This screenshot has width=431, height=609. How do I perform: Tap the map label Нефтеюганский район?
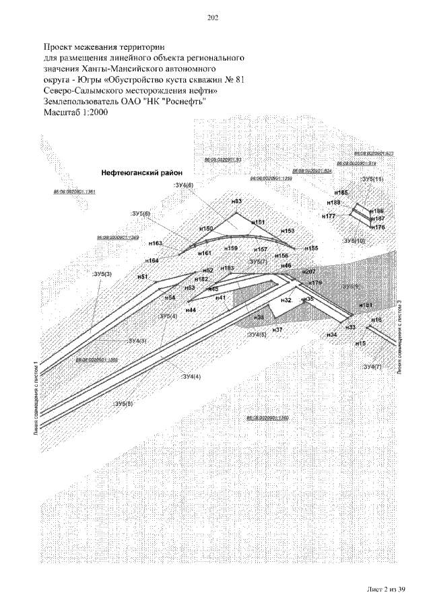pos(137,172)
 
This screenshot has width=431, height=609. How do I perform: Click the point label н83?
pos(236,202)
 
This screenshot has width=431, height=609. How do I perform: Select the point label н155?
pos(310,248)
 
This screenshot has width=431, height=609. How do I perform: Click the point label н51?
pos(142,277)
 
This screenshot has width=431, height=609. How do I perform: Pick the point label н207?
pos(308,271)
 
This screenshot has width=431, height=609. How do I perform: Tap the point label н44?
pos(191,310)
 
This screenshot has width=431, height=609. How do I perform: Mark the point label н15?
pos(360,343)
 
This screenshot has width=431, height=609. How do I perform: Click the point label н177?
pos(329,217)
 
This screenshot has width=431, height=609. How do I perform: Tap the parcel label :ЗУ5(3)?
pos(102,273)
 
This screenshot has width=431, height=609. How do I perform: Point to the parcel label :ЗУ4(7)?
pos(372,367)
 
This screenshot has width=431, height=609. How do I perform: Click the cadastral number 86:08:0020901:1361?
pos(74,192)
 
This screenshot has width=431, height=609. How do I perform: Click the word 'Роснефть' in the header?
pos(185,101)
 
